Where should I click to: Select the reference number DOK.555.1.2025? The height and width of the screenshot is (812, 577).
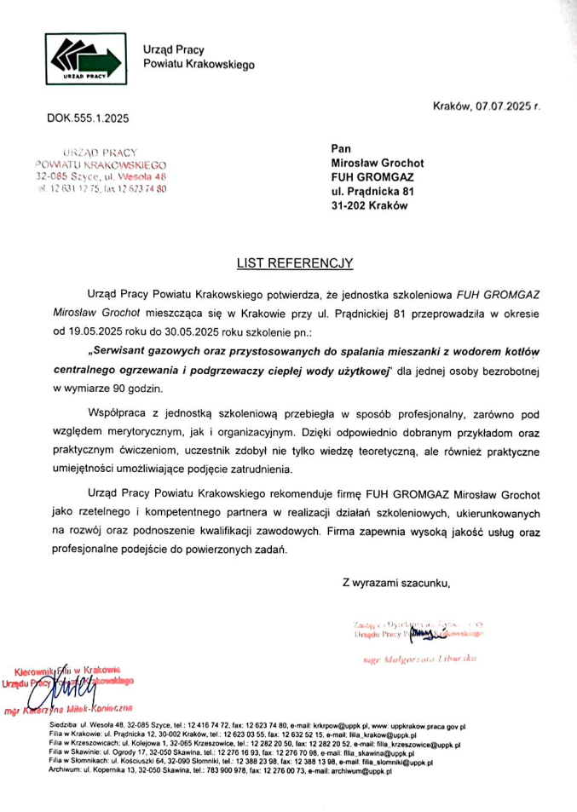[89, 117]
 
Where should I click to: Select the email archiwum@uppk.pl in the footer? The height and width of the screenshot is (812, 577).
[361, 771]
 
